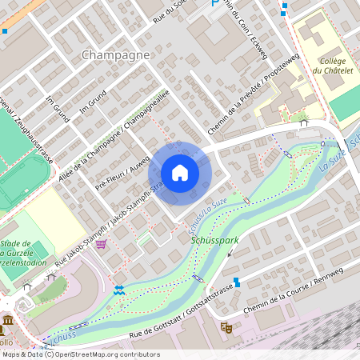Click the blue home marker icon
(179, 172)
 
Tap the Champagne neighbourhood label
(116, 55)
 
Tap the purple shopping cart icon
(100, 245)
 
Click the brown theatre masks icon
(226, 327)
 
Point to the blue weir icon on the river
(119, 290)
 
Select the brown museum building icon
(7, 322)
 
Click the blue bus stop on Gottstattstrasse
(236, 282)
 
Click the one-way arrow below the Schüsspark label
(231, 252)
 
